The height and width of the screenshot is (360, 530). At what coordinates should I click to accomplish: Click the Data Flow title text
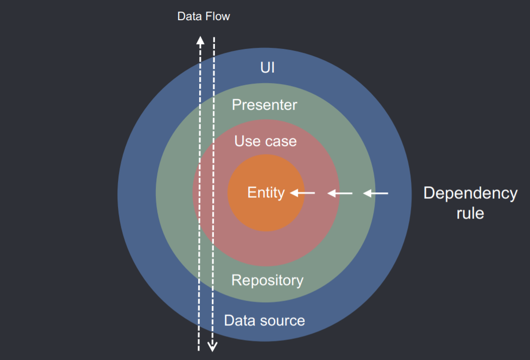tap(203, 17)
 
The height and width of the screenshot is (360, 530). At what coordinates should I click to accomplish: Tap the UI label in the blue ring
tap(267, 67)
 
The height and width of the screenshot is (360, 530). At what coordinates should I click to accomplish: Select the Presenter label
tap(264, 105)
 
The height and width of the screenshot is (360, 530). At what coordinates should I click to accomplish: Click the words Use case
tap(265, 141)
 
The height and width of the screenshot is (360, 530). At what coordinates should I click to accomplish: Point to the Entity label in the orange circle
tap(266, 193)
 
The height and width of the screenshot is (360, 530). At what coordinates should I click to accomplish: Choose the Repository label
tap(267, 280)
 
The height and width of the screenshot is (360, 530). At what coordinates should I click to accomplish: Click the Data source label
tap(264, 321)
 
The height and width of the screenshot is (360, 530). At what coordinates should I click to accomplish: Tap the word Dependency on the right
tap(470, 193)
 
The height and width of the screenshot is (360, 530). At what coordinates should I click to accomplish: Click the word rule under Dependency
tap(470, 213)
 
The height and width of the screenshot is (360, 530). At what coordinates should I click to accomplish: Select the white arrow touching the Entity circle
tap(303, 193)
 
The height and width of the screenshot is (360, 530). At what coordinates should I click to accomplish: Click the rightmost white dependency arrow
tap(376, 193)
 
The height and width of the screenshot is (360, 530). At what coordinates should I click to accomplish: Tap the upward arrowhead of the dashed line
tap(200, 40)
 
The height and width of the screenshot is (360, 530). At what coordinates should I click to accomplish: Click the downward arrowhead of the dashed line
tap(213, 346)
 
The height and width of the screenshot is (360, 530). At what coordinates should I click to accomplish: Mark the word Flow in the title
tap(218, 17)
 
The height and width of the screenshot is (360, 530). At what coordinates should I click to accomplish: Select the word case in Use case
tap(280, 141)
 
